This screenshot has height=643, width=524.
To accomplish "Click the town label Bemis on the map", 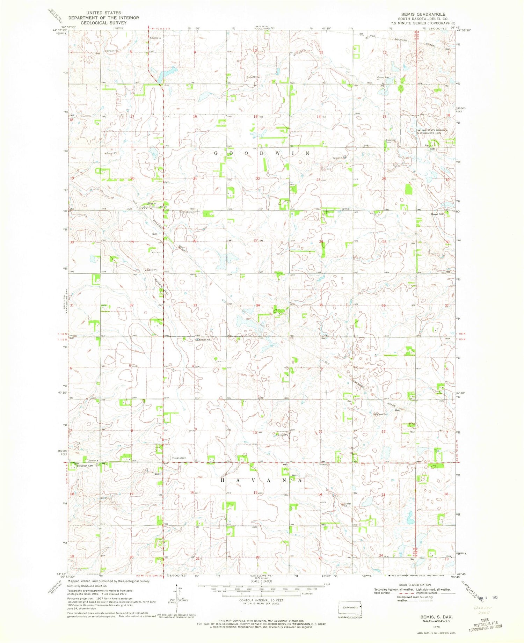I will point(151,203).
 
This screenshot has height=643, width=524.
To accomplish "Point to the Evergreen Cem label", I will point(86,466).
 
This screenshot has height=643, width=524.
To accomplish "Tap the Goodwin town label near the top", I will point(155,38).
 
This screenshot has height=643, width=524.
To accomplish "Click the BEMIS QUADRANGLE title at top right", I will point(423,14).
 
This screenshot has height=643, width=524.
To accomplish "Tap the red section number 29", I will point(132,242).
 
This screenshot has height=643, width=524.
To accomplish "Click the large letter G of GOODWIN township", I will point(216,153).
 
